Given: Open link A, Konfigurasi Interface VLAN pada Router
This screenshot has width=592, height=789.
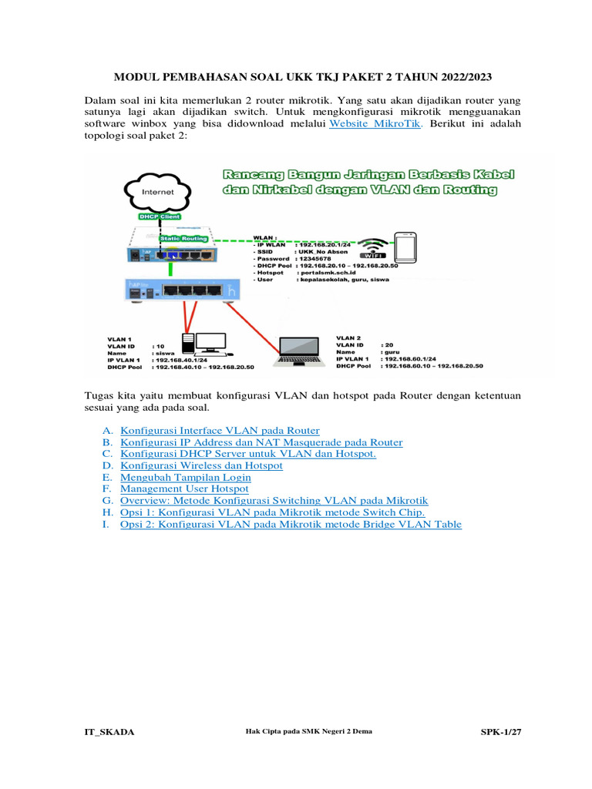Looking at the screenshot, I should click(220, 430).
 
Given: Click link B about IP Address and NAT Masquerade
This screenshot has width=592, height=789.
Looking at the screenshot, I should click(261, 442).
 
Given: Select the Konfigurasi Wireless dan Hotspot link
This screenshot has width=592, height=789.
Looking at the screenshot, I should click(201, 465).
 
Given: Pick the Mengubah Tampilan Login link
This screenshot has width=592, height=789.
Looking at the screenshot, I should click(186, 477).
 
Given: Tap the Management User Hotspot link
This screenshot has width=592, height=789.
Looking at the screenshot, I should click(184, 489).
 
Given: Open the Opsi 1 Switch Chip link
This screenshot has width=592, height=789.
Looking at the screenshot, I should click(272, 512).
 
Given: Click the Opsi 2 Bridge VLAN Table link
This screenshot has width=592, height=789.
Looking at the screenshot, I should click(291, 524).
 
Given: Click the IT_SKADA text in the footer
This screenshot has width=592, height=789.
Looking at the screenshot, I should click(109, 731).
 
